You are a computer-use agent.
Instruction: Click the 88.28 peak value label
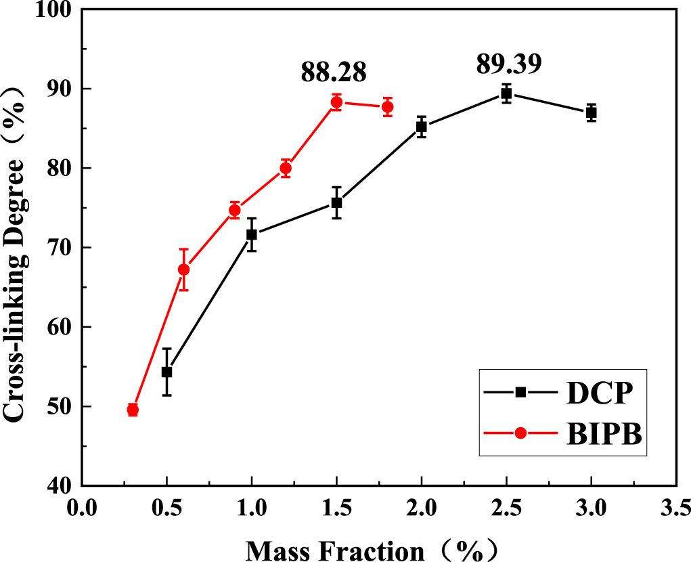(x=334, y=72)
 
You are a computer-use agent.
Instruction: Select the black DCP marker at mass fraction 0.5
(x=166, y=372)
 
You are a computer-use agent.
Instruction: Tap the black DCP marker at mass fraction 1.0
(x=252, y=234)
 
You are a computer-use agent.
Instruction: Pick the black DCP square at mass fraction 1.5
(x=336, y=202)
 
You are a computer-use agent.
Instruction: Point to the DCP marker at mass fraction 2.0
(x=421, y=127)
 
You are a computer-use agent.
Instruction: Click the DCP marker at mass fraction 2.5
(x=506, y=93)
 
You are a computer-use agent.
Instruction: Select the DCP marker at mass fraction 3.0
(x=591, y=112)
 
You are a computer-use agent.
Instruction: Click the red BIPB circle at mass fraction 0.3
(x=133, y=410)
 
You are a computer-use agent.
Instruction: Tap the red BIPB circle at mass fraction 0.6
(x=183, y=269)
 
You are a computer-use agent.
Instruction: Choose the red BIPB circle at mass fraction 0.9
(x=235, y=210)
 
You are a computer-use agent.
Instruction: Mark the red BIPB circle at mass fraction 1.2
(x=286, y=168)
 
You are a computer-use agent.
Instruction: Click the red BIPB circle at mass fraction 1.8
(x=387, y=107)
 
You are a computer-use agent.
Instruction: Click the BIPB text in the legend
(x=603, y=433)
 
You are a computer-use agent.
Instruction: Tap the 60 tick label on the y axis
(x=62, y=327)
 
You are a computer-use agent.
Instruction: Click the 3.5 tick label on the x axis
(x=675, y=506)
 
